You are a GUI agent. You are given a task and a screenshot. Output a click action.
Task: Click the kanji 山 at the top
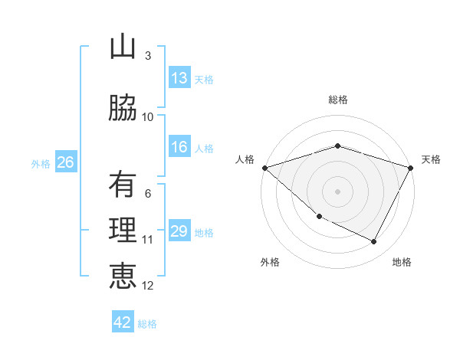[x=123, y=47]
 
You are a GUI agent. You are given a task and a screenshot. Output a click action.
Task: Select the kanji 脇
[x=123, y=109]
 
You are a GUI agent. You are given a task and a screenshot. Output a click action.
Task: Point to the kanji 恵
[x=123, y=277]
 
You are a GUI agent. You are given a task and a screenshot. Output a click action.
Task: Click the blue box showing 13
[x=179, y=79]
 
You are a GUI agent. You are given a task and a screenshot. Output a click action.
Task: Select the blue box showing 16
[x=179, y=148]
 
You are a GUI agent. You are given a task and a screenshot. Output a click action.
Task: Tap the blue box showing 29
[x=179, y=232]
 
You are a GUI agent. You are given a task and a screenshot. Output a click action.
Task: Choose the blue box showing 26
[x=65, y=162]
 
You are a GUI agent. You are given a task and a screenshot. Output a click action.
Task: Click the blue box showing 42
[x=123, y=322]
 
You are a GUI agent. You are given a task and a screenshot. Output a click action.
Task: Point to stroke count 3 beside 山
[x=148, y=56]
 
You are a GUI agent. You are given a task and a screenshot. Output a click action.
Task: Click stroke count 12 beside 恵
[x=148, y=286]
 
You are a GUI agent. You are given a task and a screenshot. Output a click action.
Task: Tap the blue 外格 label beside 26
[x=40, y=163]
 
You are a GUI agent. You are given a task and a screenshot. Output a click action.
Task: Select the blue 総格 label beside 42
[x=147, y=323]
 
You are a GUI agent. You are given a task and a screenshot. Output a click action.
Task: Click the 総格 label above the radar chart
[x=337, y=100]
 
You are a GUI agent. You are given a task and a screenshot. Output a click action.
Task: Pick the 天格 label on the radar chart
[x=431, y=159]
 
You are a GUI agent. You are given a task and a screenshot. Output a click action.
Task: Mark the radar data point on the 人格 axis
[x=264, y=168]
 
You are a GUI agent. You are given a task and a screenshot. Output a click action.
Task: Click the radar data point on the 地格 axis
[x=374, y=242]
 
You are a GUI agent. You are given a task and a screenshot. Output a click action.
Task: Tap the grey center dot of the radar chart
[x=337, y=191]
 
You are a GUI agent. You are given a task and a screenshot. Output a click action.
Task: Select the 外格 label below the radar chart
[x=270, y=262]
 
